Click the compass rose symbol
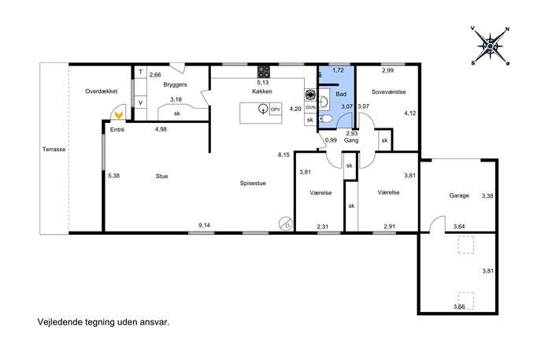click(490, 46)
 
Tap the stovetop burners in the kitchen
click(264, 72)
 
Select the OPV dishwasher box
click(276, 109)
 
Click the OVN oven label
click(310, 107)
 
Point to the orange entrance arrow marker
click(119, 114)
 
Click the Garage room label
click(459, 195)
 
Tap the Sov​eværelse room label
click(388, 92)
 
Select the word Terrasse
click(54, 150)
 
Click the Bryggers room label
click(175, 84)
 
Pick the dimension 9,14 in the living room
click(204, 225)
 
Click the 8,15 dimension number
click(284, 155)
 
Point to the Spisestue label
click(253, 184)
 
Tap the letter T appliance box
click(140, 72)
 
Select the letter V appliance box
click(140, 102)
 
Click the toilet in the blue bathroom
click(325, 120)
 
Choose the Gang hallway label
click(351, 140)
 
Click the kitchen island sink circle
click(264, 109)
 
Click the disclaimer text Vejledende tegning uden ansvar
click(103, 322)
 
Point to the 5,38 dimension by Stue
click(113, 176)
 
